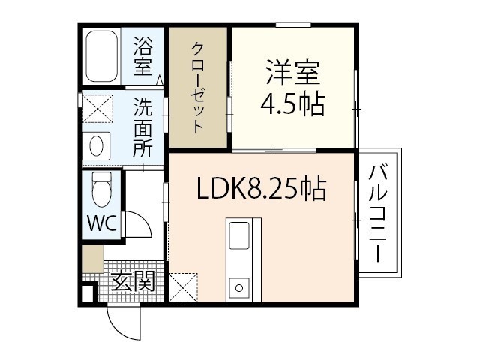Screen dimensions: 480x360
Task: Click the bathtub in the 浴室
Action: pos(101,56)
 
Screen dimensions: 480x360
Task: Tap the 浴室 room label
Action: pos(142,56)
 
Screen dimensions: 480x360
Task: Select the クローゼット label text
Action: pos(198,88)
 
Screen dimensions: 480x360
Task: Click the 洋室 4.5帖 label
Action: pos(292,87)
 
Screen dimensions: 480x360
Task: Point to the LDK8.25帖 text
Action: pos(262,188)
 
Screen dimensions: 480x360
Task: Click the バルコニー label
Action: pos(378,214)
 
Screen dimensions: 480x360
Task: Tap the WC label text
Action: pos(102,223)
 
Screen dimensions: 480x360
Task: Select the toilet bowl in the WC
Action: pos(102,190)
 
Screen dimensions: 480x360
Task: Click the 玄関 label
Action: pos(133,281)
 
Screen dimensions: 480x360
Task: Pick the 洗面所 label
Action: pos(142,129)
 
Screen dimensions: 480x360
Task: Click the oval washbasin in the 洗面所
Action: pos(97,146)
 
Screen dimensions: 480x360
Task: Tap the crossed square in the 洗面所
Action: pos(98,109)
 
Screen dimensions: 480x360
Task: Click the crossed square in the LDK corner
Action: pos(183,287)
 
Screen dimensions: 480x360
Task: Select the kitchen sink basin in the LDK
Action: pos(239,235)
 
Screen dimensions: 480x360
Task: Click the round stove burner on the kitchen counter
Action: pos(239,288)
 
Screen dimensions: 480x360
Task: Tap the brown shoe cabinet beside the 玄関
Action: pos(93,259)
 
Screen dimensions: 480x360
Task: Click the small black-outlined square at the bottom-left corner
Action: pos(88,293)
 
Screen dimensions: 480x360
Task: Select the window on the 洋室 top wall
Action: pos(293,25)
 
